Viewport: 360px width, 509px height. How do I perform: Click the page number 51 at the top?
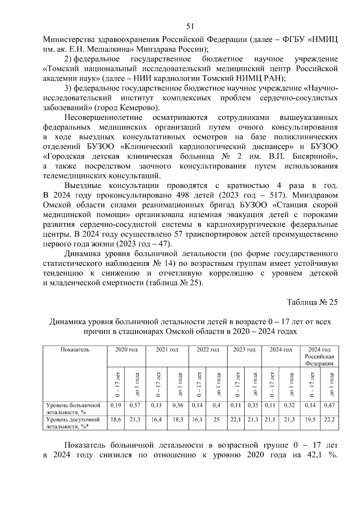click(190, 27)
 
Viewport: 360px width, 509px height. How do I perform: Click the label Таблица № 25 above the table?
click(312, 302)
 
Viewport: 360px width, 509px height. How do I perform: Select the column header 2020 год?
click(126, 350)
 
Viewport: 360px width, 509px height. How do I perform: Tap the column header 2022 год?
click(208, 350)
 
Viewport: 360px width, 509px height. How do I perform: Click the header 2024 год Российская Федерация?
click(319, 356)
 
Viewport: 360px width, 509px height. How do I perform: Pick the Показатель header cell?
click(75, 350)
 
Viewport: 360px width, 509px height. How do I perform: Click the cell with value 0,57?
click(135, 405)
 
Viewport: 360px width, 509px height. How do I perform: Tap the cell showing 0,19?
click(116, 405)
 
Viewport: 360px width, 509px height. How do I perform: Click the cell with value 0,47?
click(329, 405)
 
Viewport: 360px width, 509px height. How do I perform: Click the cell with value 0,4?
click(216, 405)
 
